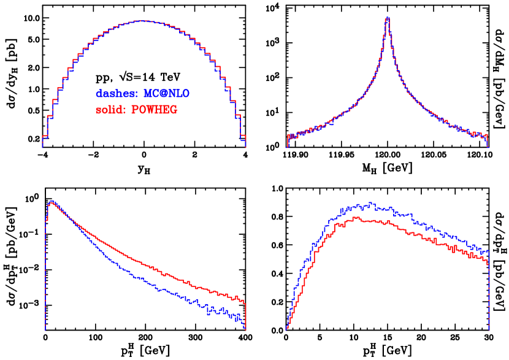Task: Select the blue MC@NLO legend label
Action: (166, 94)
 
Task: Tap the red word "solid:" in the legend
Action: (111, 110)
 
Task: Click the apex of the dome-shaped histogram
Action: (142, 21)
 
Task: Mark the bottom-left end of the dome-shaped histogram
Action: (42, 147)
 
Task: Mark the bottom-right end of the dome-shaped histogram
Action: (245, 147)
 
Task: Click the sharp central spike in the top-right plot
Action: (387, 18)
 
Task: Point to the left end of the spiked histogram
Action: (286, 147)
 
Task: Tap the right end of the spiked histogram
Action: (488, 147)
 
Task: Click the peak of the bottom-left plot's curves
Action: (52, 201)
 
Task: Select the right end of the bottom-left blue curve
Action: (244, 323)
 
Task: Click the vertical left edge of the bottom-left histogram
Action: (45, 276)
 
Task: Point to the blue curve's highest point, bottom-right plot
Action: (370, 204)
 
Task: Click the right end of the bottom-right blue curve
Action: (488, 251)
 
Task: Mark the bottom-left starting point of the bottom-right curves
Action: (286, 330)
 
